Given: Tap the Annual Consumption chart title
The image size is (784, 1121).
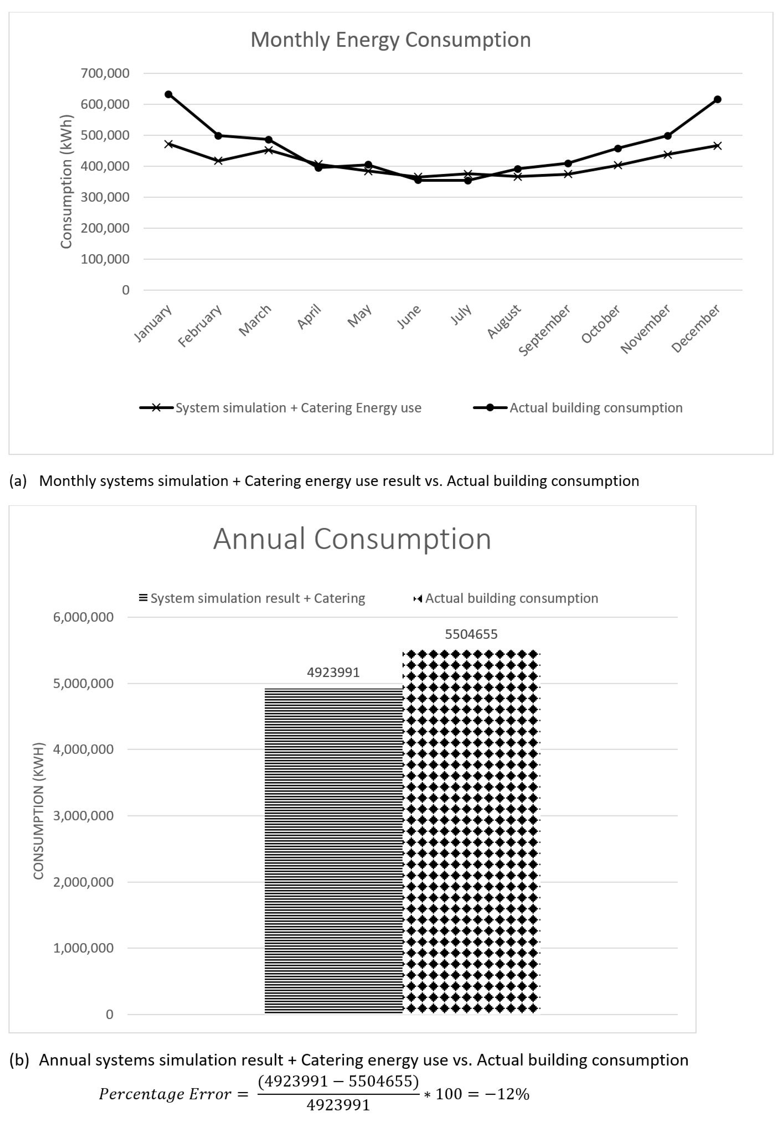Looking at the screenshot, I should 352,539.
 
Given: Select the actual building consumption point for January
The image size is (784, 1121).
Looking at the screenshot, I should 169,94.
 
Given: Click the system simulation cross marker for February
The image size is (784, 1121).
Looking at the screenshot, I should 218,161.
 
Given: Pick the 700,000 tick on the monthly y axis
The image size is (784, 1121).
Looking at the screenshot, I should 105,73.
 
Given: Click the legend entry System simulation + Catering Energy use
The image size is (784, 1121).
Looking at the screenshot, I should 298,408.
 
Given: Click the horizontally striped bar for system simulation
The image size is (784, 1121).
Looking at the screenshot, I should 333,850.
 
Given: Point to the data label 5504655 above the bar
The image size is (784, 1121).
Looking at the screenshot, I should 471,634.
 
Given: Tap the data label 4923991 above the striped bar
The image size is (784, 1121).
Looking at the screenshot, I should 333,672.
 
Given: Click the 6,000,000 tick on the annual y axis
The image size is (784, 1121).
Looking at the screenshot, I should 83,617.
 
